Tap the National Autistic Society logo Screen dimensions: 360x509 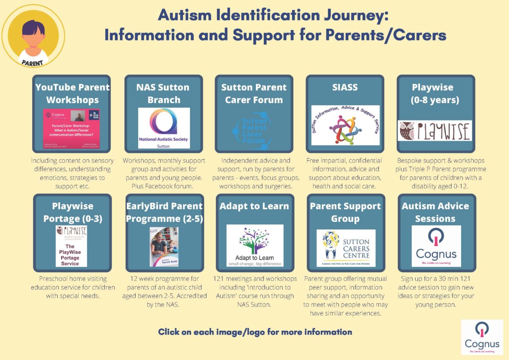coord(164,128)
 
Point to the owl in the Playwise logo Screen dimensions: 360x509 coord(406,131)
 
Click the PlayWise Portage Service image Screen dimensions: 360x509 coord(71,246)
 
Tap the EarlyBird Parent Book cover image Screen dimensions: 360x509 coord(164,246)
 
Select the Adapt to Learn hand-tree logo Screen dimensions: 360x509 coord(255,246)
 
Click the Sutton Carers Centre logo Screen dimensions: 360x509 coord(346,248)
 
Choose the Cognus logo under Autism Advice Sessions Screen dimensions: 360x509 coord(436,246)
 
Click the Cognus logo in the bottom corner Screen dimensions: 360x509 coord(482,337)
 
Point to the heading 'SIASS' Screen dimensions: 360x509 coord(345,88)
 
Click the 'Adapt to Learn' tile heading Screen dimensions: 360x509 coord(254,206)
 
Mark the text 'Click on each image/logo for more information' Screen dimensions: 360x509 coord(255,332)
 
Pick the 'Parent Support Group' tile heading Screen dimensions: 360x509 coord(345,212)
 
